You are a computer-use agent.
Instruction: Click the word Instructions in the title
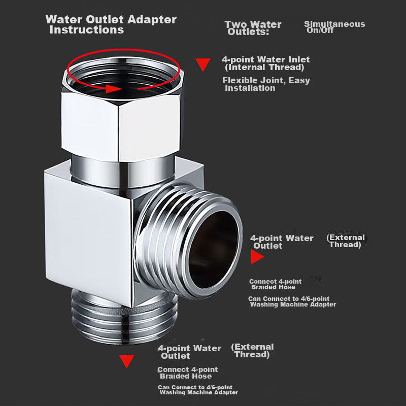coord(87,30)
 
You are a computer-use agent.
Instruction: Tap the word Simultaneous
coord(334,24)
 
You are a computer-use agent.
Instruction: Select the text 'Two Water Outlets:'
coord(253,28)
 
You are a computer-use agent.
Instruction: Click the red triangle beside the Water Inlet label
coord(202,64)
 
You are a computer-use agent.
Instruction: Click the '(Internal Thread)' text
coord(264,67)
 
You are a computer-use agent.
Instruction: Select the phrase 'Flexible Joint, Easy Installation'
coord(266,84)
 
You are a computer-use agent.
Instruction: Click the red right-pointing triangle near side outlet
coord(257,257)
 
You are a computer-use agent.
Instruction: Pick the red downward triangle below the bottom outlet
coord(126,361)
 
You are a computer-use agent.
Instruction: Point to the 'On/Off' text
coord(320,30)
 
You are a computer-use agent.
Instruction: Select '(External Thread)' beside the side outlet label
coord(346,241)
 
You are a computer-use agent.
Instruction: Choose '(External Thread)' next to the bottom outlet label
coord(252,351)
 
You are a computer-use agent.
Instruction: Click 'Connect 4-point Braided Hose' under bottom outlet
coord(187,373)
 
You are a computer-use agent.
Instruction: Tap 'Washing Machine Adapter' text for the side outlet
coord(293,304)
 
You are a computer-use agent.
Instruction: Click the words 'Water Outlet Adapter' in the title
coord(111,20)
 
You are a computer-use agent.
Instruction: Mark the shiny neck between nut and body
coord(123,171)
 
